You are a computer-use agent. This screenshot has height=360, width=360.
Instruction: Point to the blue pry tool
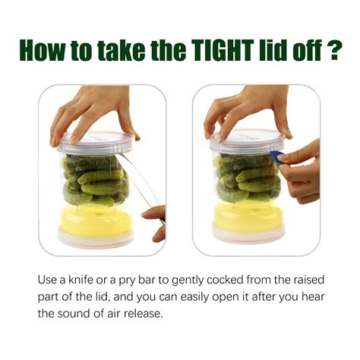click(x=278, y=157)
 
